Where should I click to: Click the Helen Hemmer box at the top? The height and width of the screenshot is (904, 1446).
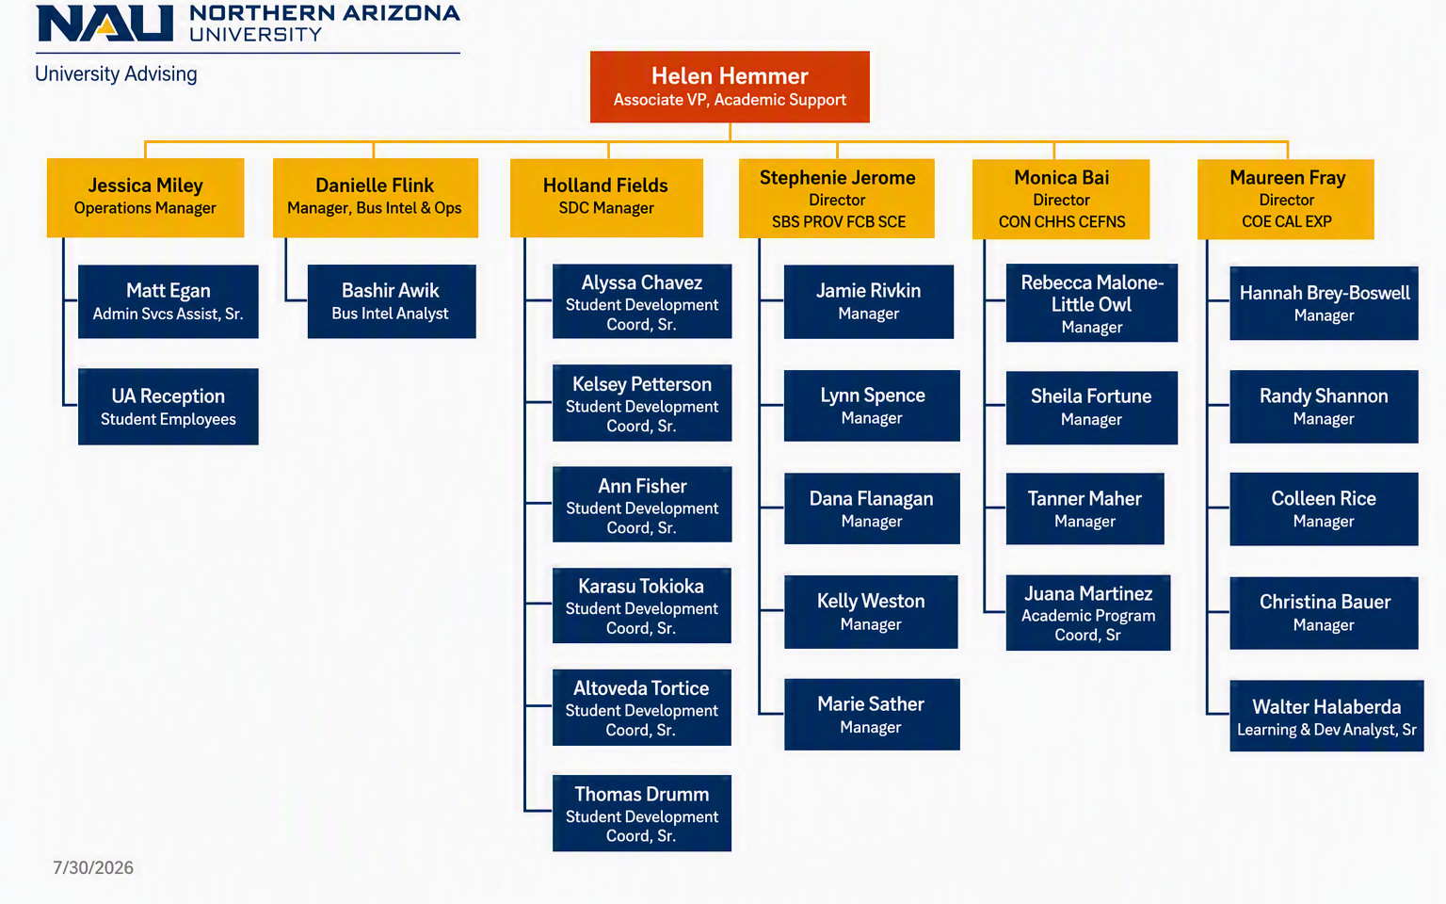[730, 87]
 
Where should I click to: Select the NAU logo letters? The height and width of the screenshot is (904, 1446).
[105, 24]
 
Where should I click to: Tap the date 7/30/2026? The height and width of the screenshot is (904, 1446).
[93, 867]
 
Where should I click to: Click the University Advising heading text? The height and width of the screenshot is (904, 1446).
[116, 73]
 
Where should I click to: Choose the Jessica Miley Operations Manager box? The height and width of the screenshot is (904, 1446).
[145, 198]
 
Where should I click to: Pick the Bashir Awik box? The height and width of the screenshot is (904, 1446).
[392, 301]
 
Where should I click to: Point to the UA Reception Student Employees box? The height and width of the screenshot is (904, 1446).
[168, 406]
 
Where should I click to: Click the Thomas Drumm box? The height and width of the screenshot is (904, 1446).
[642, 813]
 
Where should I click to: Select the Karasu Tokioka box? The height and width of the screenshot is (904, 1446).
[642, 605]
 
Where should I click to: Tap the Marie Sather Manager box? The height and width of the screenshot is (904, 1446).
[872, 714]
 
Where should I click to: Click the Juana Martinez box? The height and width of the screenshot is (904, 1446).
[1087, 612]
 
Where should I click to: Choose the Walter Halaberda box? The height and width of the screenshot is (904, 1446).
[1326, 716]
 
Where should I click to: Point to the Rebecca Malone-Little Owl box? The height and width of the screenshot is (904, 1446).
[1092, 302]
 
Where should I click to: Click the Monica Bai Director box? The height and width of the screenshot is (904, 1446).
[1061, 199]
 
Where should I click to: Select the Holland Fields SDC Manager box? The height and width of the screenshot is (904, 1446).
[606, 198]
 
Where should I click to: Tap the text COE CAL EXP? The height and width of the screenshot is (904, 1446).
[1287, 221]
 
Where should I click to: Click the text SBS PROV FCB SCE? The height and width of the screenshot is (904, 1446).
[839, 222]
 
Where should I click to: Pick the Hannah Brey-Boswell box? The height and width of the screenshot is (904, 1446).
[1324, 303]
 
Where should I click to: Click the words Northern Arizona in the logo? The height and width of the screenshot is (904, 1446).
[325, 13]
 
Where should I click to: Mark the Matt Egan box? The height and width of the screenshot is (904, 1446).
[168, 301]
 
